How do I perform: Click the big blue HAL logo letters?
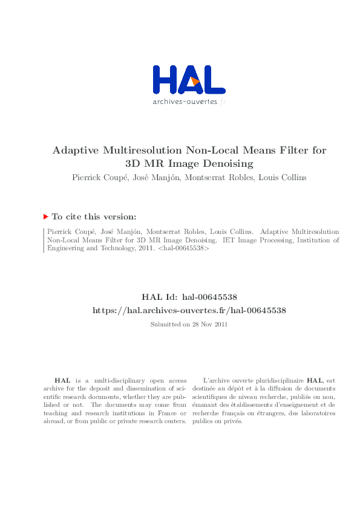tap(188, 80)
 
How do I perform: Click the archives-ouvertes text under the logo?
tap(185, 102)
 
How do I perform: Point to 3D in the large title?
tap(135, 163)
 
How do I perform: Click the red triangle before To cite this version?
tap(45, 216)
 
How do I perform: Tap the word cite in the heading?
tap(76, 216)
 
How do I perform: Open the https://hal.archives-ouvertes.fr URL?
tap(189, 310)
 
